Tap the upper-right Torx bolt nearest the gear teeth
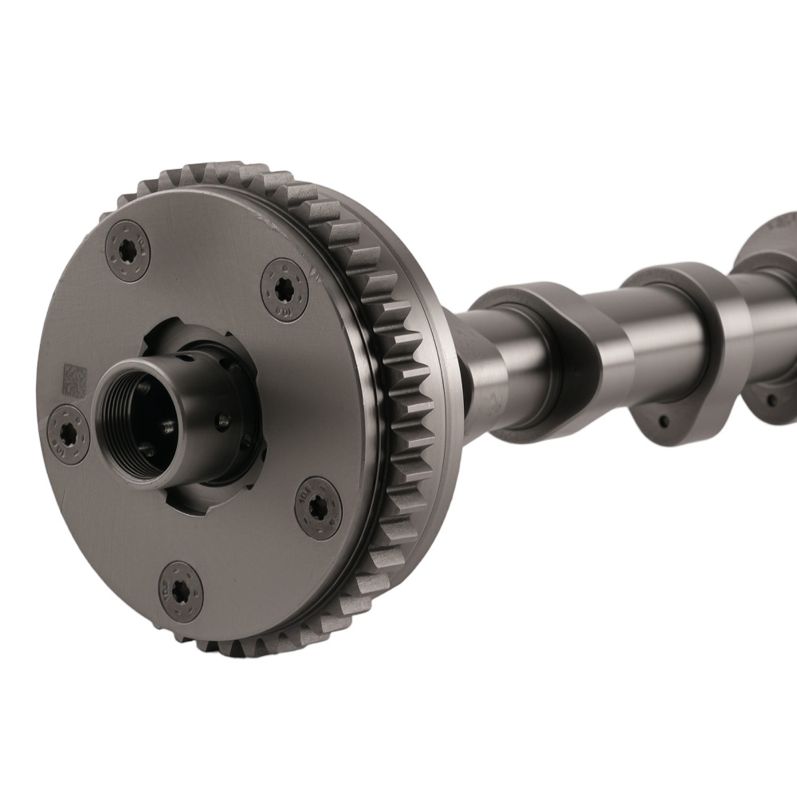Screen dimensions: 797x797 point(285,289)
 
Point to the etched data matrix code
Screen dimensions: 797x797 point(74,381)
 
